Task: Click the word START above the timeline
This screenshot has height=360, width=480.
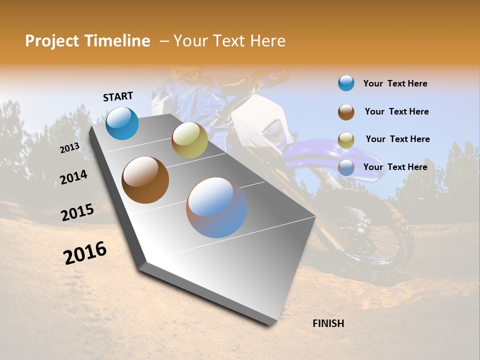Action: (118, 96)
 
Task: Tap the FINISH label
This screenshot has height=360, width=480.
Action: (328, 323)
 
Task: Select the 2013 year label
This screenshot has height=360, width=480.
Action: (69, 147)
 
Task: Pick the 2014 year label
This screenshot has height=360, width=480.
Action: (73, 177)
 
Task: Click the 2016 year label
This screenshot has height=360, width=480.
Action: (85, 252)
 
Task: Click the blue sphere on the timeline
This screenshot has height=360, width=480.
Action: (122, 123)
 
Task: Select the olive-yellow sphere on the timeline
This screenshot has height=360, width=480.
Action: (189, 140)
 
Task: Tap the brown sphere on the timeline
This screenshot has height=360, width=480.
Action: (145, 179)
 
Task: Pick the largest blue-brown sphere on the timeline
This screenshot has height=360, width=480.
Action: (216, 207)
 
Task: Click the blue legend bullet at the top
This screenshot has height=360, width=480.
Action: (346, 83)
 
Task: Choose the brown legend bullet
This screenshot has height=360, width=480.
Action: (346, 112)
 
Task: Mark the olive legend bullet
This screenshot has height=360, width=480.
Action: (346, 140)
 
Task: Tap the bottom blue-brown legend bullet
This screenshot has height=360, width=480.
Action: (346, 167)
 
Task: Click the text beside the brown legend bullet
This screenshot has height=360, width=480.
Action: (396, 111)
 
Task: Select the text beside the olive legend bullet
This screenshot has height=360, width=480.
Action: (397, 139)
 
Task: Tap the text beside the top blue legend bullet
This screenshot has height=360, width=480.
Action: (395, 83)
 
